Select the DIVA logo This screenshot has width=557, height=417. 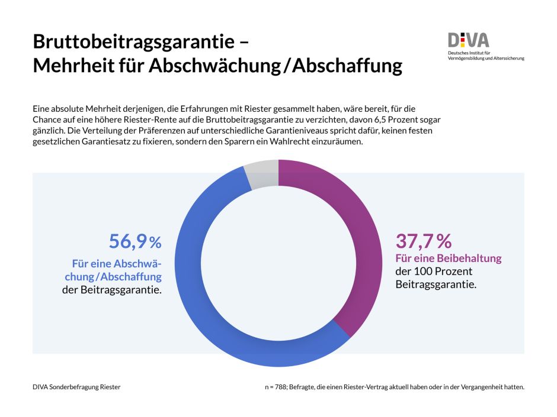pyautogui.click(x=468, y=40)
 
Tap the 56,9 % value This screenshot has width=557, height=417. pyautogui.click(x=135, y=241)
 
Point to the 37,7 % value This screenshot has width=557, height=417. pyautogui.click(x=423, y=241)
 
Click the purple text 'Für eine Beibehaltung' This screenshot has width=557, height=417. pyautogui.click(x=448, y=258)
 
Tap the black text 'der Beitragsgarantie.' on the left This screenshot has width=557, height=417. pyautogui.click(x=111, y=289)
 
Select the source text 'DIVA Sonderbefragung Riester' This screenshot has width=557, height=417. pyautogui.click(x=76, y=387)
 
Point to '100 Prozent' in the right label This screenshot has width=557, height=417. pyautogui.click(x=438, y=271)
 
